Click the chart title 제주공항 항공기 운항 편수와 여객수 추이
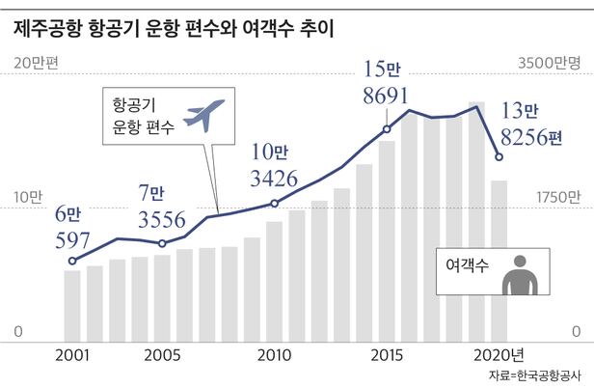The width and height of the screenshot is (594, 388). coord(174,28)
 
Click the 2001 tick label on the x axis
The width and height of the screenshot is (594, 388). coord(72,353)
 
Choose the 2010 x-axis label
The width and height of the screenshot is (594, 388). coord(275,353)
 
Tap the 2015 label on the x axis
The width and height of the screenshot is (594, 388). coord(387,353)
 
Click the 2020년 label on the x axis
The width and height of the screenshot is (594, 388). coord(503,353)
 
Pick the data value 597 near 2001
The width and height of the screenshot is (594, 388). coord(70,238)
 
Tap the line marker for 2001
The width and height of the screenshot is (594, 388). coord(72,261)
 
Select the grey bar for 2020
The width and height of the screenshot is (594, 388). coord(499,260)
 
